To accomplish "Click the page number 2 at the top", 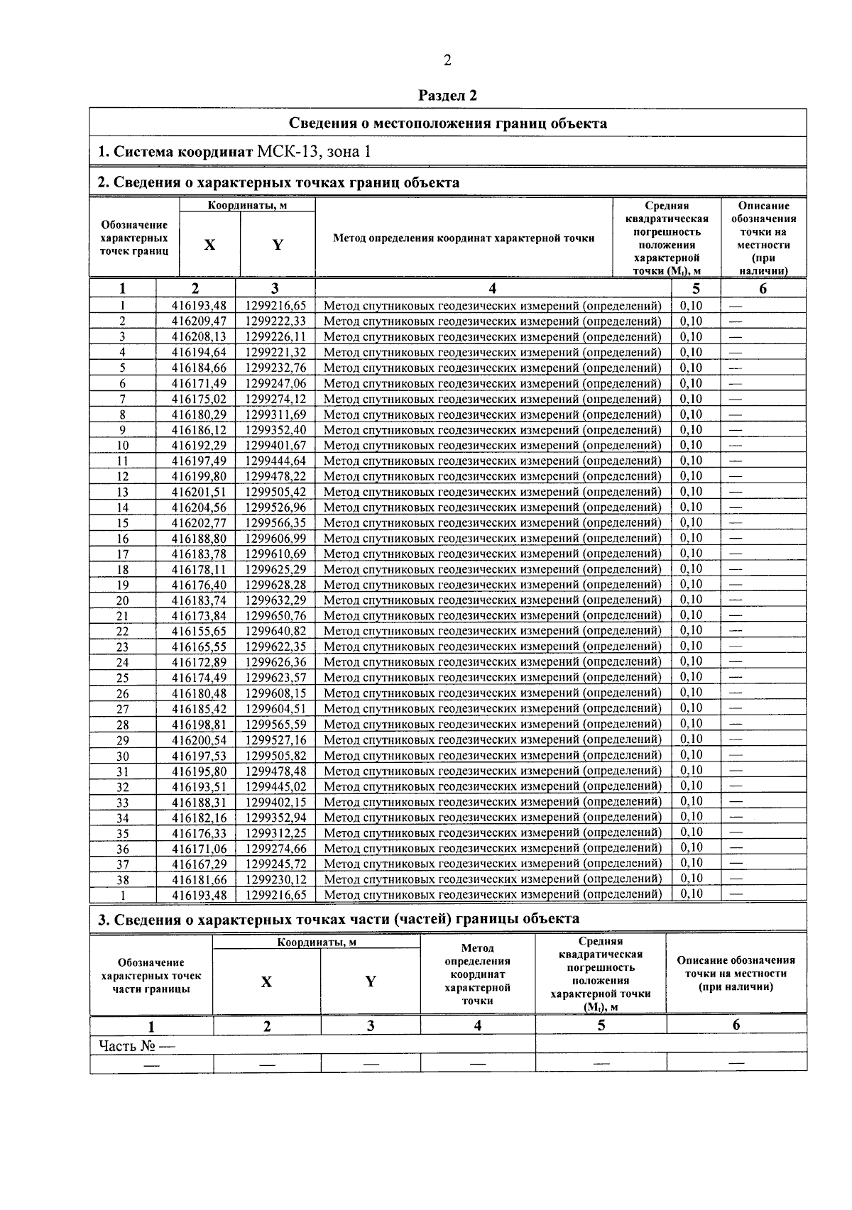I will [447, 60].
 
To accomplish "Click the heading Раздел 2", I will [447, 95].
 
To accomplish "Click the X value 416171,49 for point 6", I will [199, 383].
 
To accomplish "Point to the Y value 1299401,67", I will [275, 446].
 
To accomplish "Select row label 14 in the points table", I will [123, 507].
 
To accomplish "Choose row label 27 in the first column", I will [123, 709].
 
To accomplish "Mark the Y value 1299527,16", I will [275, 739].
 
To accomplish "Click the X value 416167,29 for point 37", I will [199, 864].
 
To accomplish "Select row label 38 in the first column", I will [123, 879].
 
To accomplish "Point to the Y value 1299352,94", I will [275, 818].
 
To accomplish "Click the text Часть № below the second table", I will [128, 1045].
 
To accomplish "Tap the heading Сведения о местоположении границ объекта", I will [447, 123].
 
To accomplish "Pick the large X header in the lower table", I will [266, 982].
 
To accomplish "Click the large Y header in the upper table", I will [278, 245].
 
